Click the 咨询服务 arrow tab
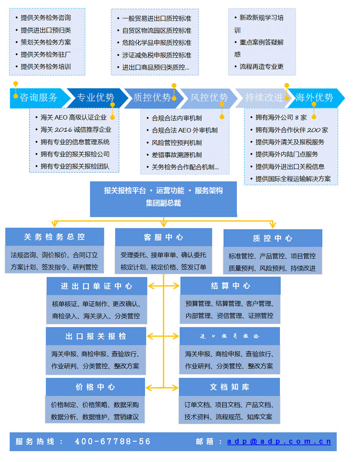(x=39, y=98)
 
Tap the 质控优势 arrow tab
(x=152, y=98)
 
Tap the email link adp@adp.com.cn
(x=279, y=442)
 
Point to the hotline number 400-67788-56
(x=113, y=442)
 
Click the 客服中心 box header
(x=164, y=237)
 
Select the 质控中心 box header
(x=273, y=238)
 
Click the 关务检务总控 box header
(x=55, y=237)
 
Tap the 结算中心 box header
(x=231, y=286)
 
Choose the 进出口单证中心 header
(x=96, y=286)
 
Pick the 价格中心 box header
(x=96, y=387)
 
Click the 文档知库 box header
(x=229, y=387)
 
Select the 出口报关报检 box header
(x=96, y=336)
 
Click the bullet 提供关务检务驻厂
(x=46, y=55)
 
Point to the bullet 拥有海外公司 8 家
(x=281, y=117)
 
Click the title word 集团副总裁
(x=164, y=203)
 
